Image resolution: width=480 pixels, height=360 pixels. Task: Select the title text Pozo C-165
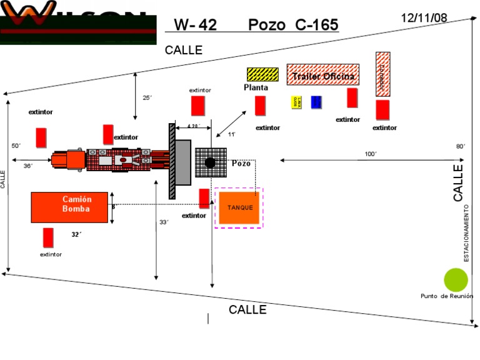293,25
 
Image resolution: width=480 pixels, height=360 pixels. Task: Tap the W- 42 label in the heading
195,25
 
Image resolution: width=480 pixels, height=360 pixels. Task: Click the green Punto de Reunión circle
456,279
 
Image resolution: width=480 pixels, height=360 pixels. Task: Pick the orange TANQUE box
239,207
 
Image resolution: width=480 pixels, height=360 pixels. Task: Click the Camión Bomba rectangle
69,207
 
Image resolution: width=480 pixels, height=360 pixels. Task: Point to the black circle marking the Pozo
210,162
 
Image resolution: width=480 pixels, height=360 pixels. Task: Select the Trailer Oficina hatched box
323,75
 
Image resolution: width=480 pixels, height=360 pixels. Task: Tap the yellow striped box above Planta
262,74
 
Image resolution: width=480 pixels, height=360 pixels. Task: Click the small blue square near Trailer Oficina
316,102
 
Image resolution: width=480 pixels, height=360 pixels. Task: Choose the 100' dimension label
371,154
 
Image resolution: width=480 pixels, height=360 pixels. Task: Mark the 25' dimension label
147,97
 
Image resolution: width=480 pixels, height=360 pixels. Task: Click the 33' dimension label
164,222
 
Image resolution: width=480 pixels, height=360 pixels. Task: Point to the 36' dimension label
27,166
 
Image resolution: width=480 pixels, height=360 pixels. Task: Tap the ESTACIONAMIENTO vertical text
466,232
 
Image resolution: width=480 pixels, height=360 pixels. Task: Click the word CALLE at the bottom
247,310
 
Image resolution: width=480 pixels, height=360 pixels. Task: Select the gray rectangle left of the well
182,162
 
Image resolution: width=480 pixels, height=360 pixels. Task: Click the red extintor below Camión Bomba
48,237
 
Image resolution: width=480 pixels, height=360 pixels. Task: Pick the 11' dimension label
231,134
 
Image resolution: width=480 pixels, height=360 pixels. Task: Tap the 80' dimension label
461,146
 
